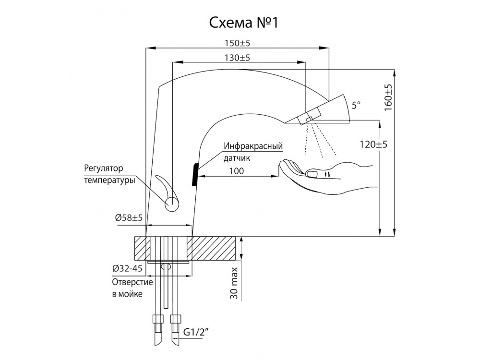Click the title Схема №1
pos(244,23)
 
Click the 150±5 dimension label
pos(238,43)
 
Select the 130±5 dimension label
pos(238,58)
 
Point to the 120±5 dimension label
pos(373,144)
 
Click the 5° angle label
pos(356,106)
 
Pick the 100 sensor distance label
pos(237,171)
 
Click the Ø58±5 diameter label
pos(129,217)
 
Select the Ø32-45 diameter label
pos(127,268)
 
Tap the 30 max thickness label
pos(234,284)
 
